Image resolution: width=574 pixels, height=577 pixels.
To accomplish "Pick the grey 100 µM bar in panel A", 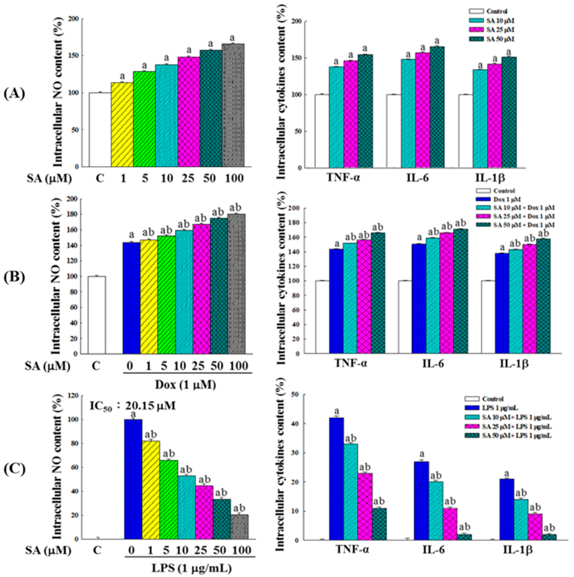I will tap(233, 105).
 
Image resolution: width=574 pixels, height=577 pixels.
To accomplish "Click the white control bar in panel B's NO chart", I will tap(96, 315).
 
